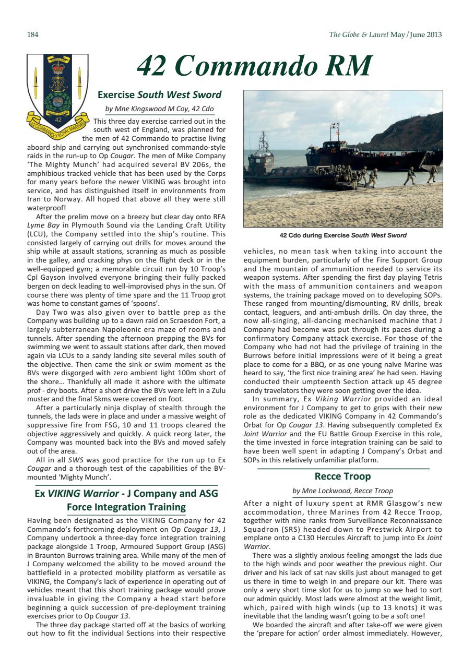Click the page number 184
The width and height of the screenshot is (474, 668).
pyautogui.click(x=33, y=35)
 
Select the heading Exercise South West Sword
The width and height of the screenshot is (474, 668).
pyautogui.click(x=160, y=94)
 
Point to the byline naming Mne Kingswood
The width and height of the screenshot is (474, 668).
pyautogui.click(x=160, y=109)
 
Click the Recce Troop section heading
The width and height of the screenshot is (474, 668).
pyautogui.click(x=342, y=476)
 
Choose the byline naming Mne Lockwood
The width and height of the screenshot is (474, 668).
pyautogui.click(x=342, y=491)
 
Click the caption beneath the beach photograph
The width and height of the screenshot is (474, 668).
pyautogui.click(x=342, y=235)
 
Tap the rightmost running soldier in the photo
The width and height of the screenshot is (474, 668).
pyautogui.click(x=431, y=174)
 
